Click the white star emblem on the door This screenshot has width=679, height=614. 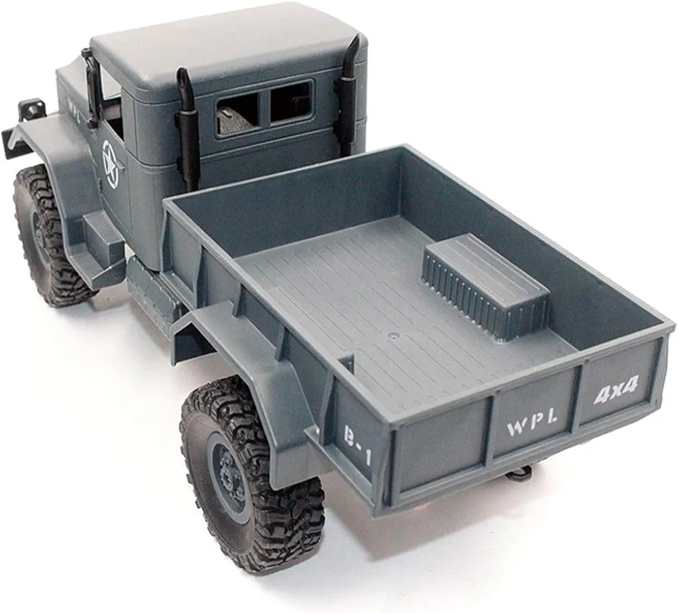click(x=110, y=164)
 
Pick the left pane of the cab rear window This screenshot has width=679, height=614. click(x=236, y=114)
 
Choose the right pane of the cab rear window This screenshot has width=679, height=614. click(x=289, y=103)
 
